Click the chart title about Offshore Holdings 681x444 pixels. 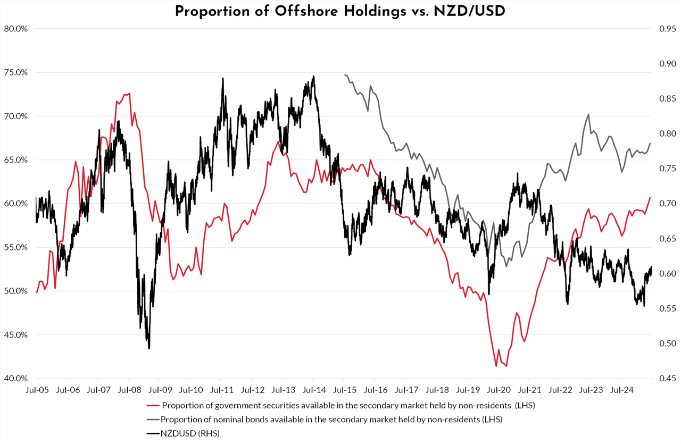[340, 11]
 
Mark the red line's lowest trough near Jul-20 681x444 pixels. [506, 366]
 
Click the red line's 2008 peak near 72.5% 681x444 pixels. [129, 94]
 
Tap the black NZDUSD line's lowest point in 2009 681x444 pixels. [149, 348]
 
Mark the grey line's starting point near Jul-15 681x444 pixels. [345, 75]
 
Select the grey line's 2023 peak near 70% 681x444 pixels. [588, 114]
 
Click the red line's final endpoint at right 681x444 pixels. [650, 197]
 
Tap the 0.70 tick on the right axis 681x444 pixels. [663, 204]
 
